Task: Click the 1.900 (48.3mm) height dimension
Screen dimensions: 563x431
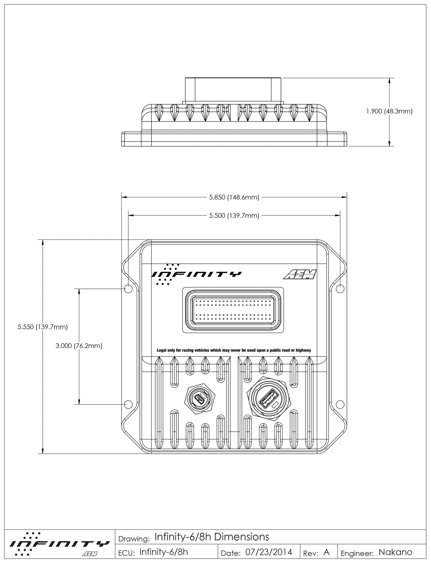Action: pos(389,112)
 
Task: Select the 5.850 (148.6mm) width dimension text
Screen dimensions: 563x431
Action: pos(234,197)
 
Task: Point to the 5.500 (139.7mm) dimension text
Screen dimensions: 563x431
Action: pos(234,216)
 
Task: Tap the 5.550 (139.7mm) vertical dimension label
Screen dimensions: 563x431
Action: pos(43,327)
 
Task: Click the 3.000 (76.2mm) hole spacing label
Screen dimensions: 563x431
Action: pos(79,346)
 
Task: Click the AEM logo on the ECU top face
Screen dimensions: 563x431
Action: pos(299,274)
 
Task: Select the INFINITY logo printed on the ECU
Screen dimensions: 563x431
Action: pos(197,274)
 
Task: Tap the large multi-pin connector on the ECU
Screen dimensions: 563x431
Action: pos(233,310)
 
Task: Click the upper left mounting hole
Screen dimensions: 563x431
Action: pos(128,289)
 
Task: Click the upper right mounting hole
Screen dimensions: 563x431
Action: pos(340,289)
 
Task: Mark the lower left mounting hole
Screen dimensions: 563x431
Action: pos(128,404)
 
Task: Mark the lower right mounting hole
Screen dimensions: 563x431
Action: pos(340,404)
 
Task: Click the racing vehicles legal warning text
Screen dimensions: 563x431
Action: pos(234,350)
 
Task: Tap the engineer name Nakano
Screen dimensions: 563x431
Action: pos(395,552)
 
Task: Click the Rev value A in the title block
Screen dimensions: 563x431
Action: pos(327,552)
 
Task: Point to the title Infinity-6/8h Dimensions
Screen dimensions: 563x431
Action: pos(212,537)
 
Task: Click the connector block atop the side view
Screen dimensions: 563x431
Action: pos(233,89)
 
